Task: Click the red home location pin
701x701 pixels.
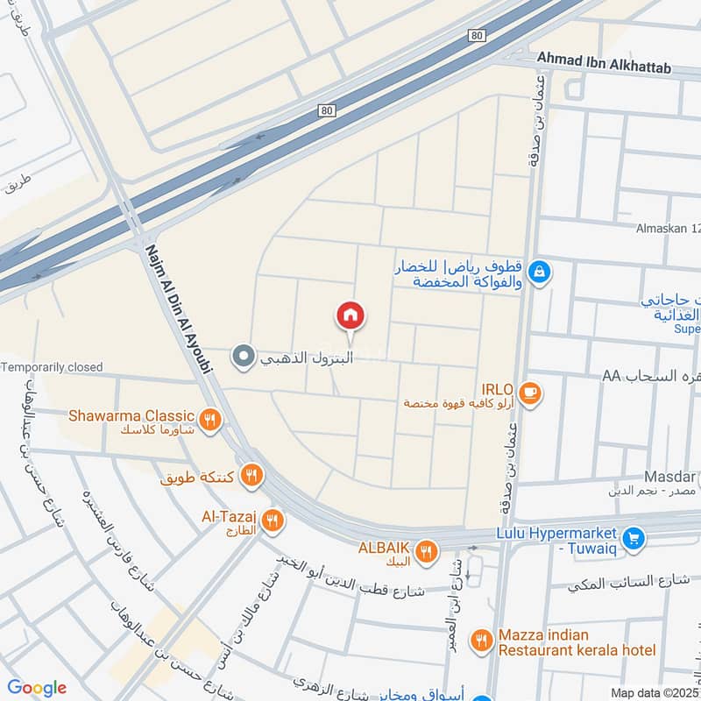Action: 350,315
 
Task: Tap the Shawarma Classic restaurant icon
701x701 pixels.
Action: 209,419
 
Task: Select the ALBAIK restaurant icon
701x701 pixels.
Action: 426,551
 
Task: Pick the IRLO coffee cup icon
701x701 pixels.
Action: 528,393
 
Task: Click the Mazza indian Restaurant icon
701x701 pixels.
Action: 480,641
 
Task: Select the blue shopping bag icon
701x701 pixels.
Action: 542,270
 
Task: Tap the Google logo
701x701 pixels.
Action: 37,688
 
